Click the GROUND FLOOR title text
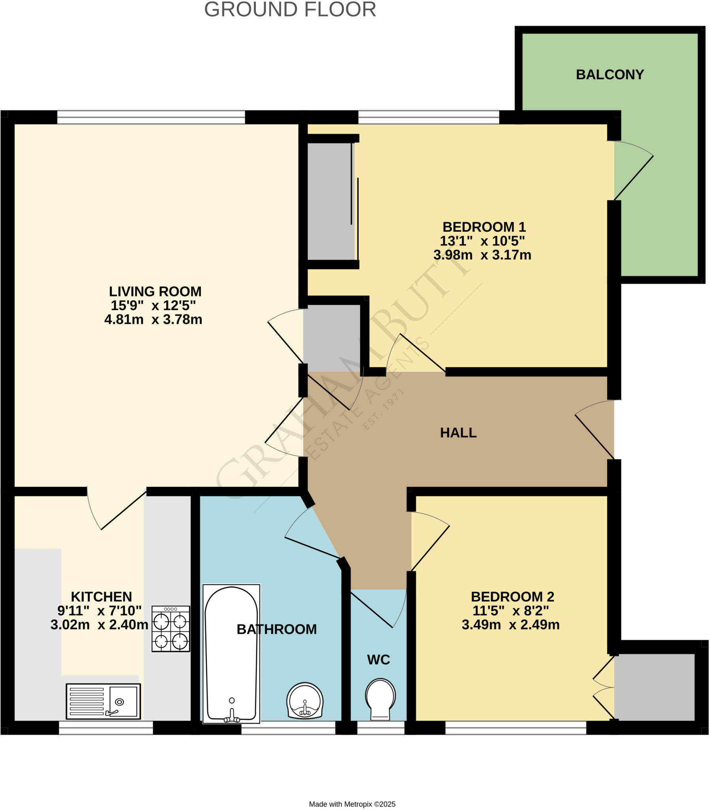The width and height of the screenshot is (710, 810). [x=290, y=9]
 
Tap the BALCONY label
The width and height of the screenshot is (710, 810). [x=610, y=74]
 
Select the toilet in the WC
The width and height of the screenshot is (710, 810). [x=380, y=699]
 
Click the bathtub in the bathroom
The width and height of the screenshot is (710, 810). [x=231, y=653]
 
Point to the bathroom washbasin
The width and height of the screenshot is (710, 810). [x=305, y=700]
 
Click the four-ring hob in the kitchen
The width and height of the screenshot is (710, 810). [x=171, y=629]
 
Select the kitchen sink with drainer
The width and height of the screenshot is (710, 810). [x=103, y=701]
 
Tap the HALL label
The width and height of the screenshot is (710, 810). [x=459, y=433]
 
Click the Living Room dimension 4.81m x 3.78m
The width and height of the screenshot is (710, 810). [x=153, y=320]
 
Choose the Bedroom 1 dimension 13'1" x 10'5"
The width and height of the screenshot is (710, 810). [x=482, y=241]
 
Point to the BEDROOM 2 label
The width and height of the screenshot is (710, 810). [x=512, y=597]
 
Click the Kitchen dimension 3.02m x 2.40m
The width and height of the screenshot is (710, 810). [x=99, y=625]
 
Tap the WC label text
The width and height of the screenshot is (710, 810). [x=378, y=660]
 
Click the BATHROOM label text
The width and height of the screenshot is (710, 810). [x=277, y=629]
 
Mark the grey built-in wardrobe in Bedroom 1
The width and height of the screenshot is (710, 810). [x=330, y=201]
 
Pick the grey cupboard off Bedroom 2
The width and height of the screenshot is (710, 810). [x=654, y=687]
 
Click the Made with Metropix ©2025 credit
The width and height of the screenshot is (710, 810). [x=352, y=804]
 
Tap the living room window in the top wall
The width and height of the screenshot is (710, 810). [x=151, y=117]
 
